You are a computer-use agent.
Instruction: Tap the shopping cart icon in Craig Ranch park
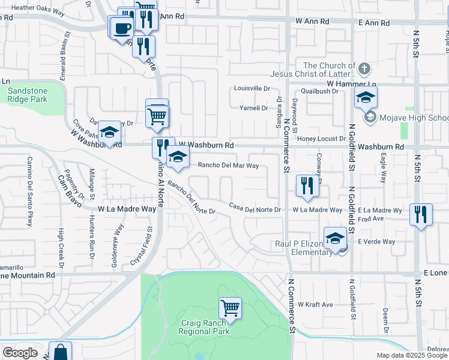coord(230,308)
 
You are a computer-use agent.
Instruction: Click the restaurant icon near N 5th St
coord(420,214)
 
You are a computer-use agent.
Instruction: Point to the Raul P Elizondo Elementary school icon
coord(335,238)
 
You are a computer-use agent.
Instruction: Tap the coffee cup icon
coord(122,28)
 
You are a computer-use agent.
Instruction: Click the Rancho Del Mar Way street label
coord(228,165)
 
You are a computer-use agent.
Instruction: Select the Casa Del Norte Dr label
coord(255,208)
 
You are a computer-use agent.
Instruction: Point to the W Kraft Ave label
coord(315,305)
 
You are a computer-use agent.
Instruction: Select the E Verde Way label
coord(376,242)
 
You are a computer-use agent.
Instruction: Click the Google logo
coord(20,353)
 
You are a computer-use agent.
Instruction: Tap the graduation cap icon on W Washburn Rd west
coord(109,133)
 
